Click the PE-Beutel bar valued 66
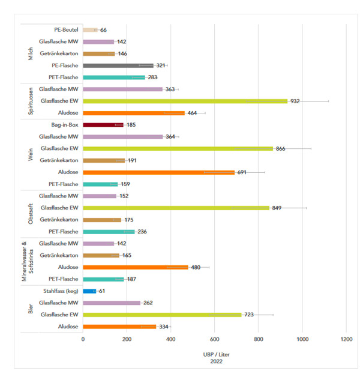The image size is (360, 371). (x=90, y=29)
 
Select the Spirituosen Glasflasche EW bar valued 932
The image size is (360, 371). (x=185, y=101)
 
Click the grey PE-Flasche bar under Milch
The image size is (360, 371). (x=118, y=65)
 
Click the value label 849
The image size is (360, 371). (x=278, y=208)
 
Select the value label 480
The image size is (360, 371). (x=197, y=267)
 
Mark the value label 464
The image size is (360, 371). (x=193, y=113)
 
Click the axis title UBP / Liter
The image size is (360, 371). (x=214, y=354)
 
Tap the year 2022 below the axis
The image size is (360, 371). (x=214, y=361)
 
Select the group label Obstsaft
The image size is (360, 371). (x=31, y=214)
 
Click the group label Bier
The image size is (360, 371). (x=31, y=309)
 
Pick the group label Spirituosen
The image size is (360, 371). (x=31, y=101)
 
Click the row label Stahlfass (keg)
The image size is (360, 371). (x=58, y=291)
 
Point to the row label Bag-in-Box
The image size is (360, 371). (x=62, y=125)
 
